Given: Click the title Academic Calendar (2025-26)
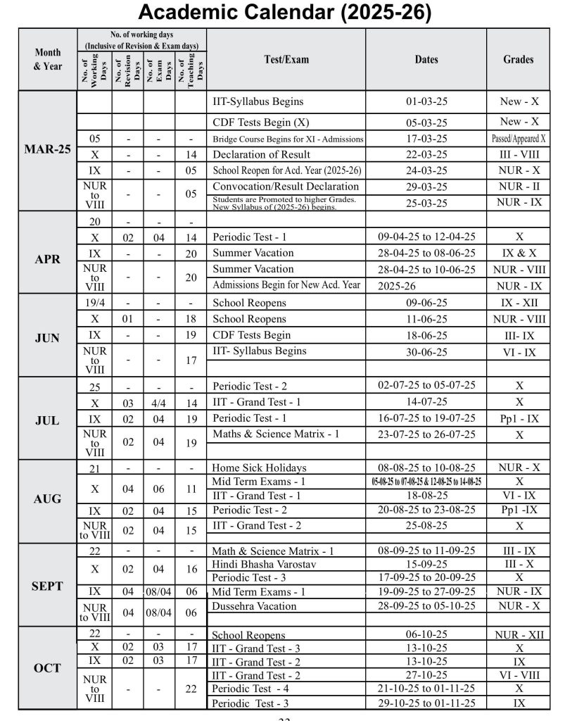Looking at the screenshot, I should click(284, 13).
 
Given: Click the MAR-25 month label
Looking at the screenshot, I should click(48, 150).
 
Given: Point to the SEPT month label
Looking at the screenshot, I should click(48, 586).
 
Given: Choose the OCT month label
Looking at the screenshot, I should click(48, 667).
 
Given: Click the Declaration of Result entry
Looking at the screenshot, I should click(261, 154).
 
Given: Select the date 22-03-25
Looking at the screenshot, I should click(426, 154).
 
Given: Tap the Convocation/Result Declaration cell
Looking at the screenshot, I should click(286, 187).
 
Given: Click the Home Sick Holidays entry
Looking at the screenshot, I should click(259, 468).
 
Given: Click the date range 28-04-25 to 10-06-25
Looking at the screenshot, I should click(426, 269).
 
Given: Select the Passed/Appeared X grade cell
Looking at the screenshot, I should click(519, 139).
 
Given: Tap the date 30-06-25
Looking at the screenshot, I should click(426, 351).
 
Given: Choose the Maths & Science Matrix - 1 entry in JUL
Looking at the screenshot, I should click(276, 434).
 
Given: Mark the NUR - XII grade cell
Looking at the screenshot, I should click(519, 634).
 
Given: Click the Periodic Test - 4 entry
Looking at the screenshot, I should click(250, 689).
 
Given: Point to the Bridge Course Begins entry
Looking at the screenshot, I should click(287, 139).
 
